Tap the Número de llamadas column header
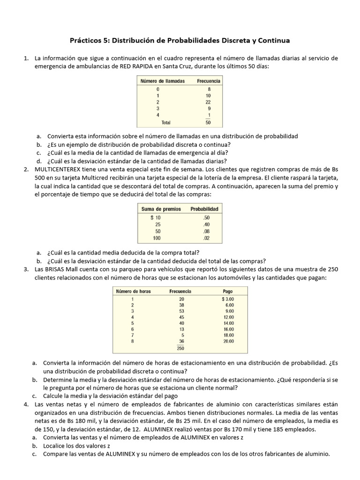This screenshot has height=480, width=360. click(x=163, y=81)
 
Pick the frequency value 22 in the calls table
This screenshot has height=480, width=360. click(x=208, y=102)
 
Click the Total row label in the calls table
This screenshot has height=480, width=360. click(x=166, y=122)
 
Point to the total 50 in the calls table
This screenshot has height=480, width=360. click(x=208, y=123)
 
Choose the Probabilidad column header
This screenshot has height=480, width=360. click(x=204, y=209)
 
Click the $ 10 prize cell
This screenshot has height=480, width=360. click(x=155, y=217)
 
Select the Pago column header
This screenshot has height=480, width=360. click(x=228, y=291)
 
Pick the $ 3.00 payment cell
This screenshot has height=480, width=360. click(x=227, y=299)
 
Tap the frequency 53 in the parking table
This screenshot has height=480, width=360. click(x=182, y=311)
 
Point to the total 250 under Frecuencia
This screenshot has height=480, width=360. click(x=180, y=348)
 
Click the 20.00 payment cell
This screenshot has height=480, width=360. click(x=228, y=341)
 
